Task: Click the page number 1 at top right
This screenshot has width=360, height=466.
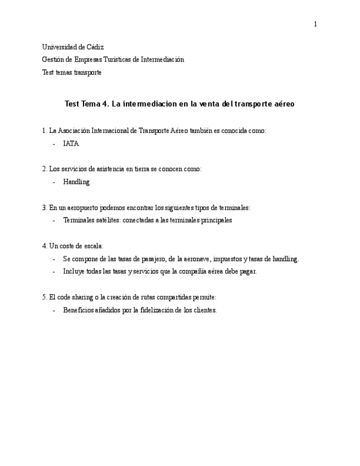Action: point(315,24)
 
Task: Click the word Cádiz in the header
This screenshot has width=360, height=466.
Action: point(95,47)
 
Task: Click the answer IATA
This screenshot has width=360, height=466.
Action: point(71,143)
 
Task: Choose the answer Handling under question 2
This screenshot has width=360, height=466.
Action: point(76,182)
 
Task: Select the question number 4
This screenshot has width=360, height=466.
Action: point(45,246)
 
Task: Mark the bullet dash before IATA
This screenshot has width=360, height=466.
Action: point(54,143)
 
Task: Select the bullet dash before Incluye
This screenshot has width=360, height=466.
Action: point(54,271)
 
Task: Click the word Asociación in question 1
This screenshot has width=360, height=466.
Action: point(79,131)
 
